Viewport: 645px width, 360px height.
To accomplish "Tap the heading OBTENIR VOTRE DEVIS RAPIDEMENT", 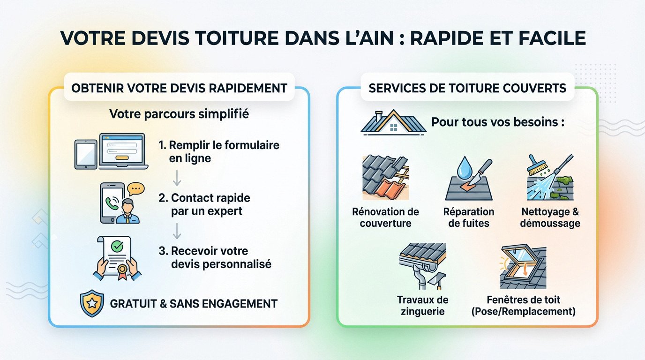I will point(179,88).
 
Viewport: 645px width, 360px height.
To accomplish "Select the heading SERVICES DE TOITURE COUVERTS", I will point(467,88).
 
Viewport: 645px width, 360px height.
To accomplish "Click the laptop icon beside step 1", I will point(123,151).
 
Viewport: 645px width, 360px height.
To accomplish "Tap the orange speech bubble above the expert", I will point(135,188).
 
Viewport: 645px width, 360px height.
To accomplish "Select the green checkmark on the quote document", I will point(115,246).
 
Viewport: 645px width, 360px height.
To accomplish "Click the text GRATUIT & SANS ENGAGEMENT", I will point(194,304).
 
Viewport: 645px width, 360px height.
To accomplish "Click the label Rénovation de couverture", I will point(385,217).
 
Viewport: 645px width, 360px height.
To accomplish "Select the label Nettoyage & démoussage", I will point(550,217).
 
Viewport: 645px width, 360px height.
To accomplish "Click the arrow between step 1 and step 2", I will point(177,177).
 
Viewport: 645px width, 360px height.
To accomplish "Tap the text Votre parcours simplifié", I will point(179,114).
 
